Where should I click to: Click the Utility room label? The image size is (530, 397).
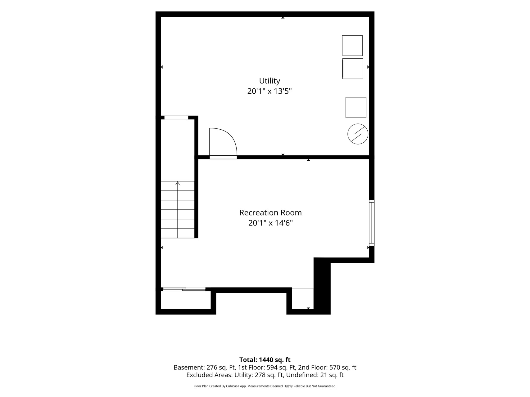(270, 81)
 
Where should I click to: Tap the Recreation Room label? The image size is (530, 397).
(270, 213)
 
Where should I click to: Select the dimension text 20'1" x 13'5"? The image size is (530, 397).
(270, 91)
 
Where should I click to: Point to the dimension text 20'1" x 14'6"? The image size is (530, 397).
(271, 223)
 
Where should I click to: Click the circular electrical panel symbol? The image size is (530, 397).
(358, 134)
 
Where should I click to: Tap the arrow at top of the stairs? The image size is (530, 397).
(178, 183)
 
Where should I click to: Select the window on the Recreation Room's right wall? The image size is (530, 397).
(372, 223)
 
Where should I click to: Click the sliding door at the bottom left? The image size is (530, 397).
(184, 289)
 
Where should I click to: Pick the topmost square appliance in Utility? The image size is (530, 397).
(352, 46)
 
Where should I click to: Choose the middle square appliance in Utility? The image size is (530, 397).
(353, 69)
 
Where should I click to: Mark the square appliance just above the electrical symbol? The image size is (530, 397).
(356, 107)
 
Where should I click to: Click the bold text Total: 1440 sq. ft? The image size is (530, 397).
(265, 360)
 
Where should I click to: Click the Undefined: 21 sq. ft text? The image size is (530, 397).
(315, 375)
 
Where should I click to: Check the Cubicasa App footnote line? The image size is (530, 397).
(265, 386)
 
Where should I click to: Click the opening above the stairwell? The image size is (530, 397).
(176, 117)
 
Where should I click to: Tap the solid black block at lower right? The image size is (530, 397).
(322, 285)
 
